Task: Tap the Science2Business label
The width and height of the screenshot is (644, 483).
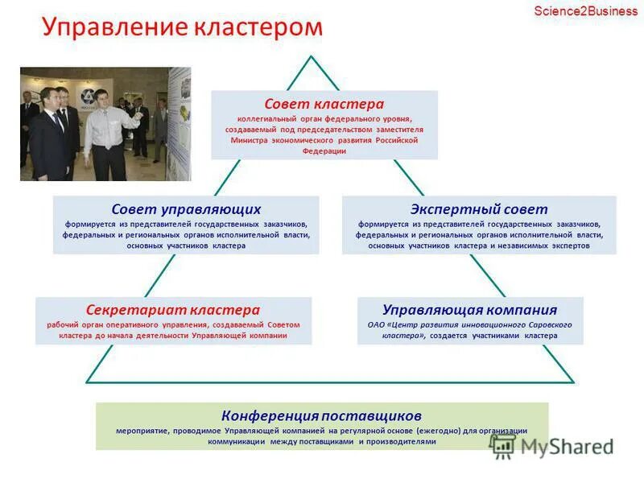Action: pos(585,10)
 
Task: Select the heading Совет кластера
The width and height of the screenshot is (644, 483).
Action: pos(324,105)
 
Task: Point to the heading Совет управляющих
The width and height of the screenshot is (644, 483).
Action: pos(186,209)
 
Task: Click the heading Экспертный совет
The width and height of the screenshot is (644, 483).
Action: pos(479,209)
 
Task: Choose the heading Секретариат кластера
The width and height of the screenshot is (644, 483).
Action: pos(173,310)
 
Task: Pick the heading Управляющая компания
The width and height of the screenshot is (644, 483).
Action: pos(470,310)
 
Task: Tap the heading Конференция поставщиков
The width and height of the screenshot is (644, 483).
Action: pos(322,415)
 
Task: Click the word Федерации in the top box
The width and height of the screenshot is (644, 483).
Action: pos(324,151)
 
